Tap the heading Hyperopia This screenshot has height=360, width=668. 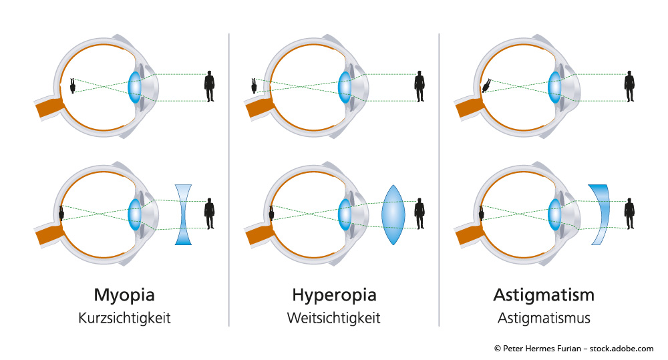[334, 295]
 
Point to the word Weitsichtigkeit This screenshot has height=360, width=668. [334, 318]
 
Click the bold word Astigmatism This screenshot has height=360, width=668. [544, 295]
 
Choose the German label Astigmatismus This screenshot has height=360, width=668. [544, 318]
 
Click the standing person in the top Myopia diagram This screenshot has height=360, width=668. [210, 86]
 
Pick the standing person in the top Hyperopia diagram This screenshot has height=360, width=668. [420, 86]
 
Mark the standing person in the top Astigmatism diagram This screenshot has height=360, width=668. [629, 86]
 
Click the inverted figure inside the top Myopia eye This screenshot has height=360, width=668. [72, 85]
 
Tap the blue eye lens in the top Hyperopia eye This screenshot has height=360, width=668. [345, 86]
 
